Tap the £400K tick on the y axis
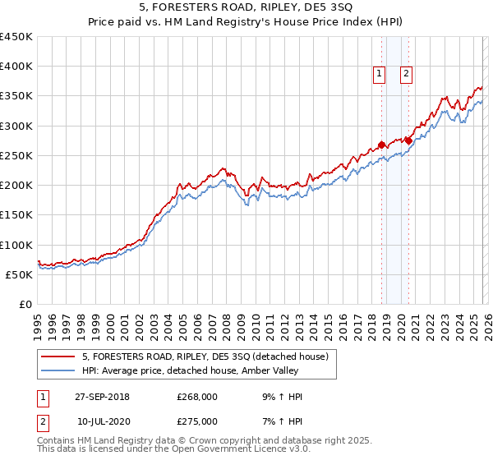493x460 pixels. pos(16,67)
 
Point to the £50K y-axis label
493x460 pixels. pos(20,274)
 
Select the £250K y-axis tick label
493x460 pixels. pos(16,155)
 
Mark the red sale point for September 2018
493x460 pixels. pos(381,145)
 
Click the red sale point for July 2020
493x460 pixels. pos(408,140)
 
